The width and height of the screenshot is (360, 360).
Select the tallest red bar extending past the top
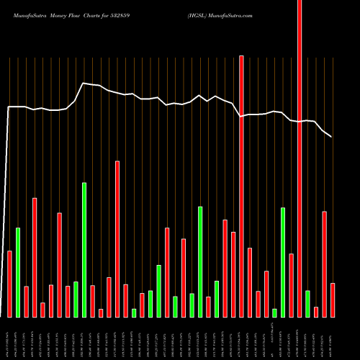click(300, 158)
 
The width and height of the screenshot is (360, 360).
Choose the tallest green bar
click(84, 250)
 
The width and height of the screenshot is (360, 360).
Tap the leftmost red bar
click(9, 284)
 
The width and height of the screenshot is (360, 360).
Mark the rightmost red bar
click(333, 300)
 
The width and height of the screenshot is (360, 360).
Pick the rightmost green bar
click(307, 304)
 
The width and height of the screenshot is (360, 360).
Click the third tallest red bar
click(117, 239)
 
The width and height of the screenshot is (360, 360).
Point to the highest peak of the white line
click(84, 83)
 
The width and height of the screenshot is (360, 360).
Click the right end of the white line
click(331, 136)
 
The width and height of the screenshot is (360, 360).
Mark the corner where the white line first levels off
click(9, 107)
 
